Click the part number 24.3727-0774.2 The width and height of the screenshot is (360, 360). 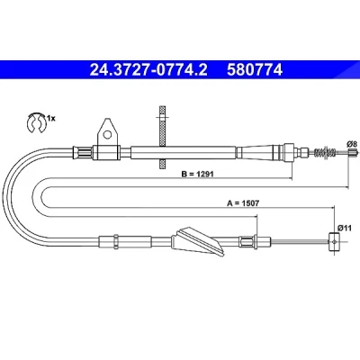[148, 70]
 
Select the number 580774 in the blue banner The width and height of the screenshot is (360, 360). [255, 70]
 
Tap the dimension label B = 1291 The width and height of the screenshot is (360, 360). [197, 174]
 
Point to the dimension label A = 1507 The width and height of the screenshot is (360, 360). [243, 203]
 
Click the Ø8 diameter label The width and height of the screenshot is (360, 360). [352, 144]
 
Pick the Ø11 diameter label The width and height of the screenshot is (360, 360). [345, 228]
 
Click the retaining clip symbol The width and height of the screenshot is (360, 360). [36, 122]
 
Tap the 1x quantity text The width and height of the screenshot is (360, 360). [51, 119]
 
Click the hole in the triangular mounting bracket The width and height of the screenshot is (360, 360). [107, 135]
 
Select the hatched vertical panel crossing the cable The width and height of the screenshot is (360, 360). [162, 137]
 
